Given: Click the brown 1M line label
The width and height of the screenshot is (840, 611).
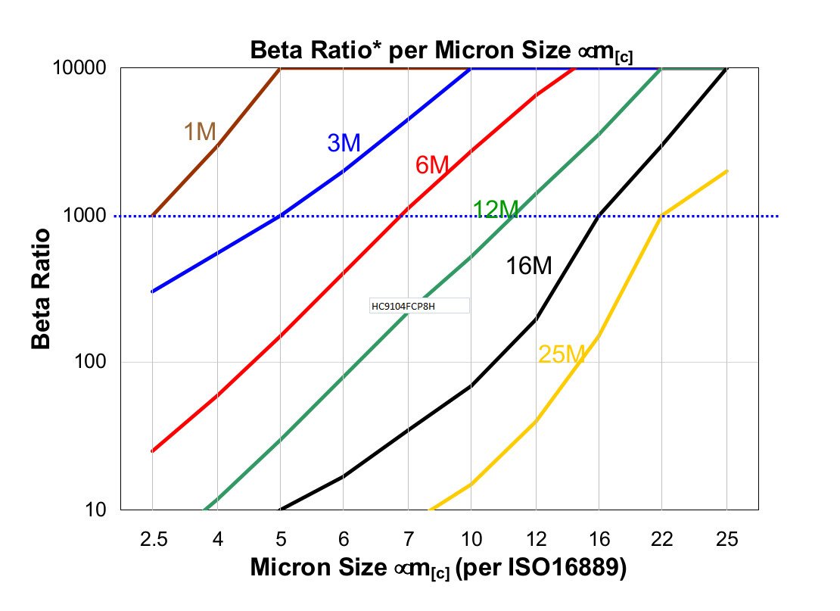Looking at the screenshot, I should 200,132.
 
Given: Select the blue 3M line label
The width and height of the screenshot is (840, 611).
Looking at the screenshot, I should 344,142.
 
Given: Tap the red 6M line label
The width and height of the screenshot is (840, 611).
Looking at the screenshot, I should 432,164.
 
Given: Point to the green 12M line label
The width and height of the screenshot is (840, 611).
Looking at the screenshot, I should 496,209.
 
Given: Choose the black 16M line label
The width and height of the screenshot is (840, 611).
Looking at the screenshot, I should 529,266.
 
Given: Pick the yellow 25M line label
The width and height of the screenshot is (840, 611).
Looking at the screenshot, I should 562,354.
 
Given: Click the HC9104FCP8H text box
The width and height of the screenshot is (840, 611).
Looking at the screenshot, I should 418,306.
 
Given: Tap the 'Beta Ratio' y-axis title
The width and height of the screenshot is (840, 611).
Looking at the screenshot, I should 41,288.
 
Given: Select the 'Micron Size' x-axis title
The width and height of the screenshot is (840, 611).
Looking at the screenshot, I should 438,568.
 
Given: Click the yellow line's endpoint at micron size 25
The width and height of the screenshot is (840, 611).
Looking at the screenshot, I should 726,171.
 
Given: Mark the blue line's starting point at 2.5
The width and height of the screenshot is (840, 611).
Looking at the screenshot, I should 153,291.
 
